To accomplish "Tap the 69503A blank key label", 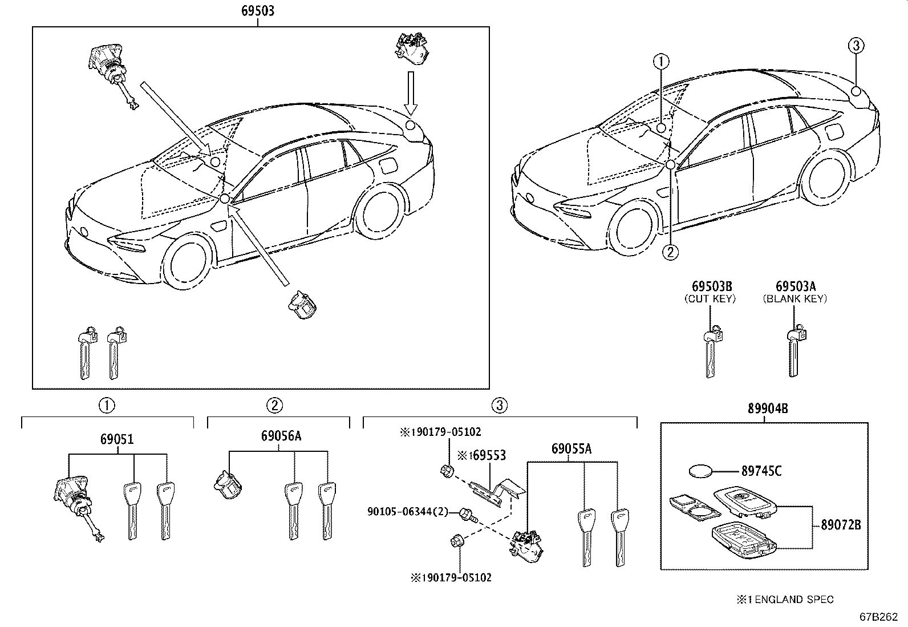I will coord(795,286).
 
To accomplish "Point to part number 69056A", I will coord(281,437).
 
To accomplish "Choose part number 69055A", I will coord(571,450).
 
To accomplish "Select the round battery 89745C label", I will coord(761,471).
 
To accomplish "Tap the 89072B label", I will coord(841,525).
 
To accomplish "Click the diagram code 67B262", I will coord(879,618).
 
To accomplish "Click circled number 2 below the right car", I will coord(671,252).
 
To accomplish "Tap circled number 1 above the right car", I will coord(661,60).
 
